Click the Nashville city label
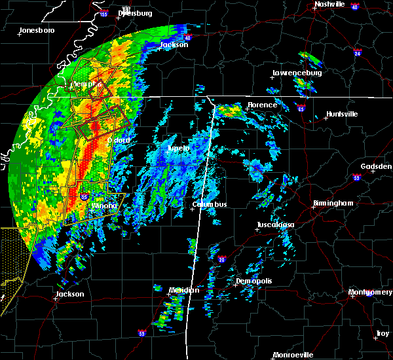click(329, 4)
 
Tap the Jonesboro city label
click(37, 30)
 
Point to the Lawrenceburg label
click(297, 73)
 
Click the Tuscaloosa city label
click(275, 225)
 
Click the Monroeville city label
click(293, 355)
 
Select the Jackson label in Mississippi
click(69, 294)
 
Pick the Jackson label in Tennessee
click(174, 45)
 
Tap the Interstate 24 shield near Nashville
click(358, 51)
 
